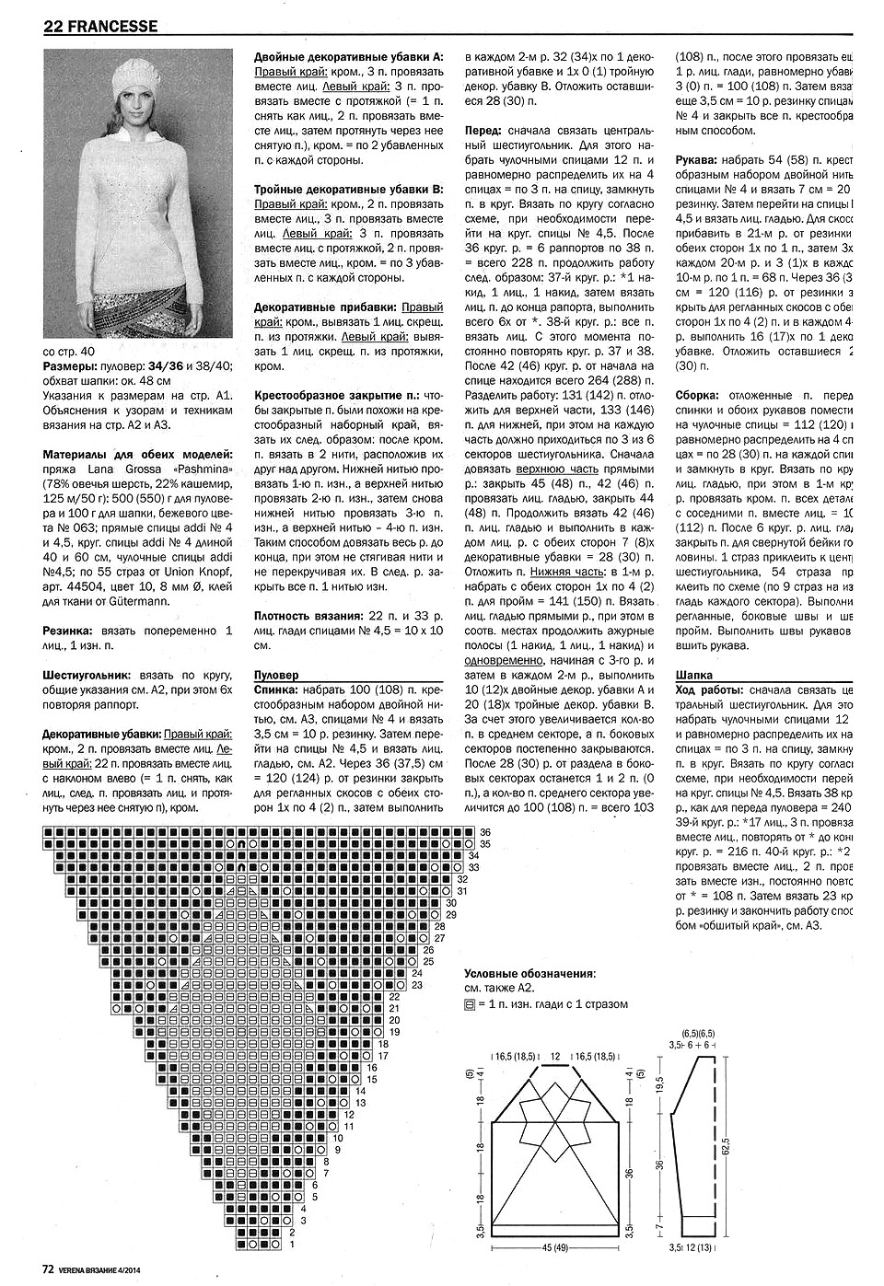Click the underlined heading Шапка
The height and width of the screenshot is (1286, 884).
694,675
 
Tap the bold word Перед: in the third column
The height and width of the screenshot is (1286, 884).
485,132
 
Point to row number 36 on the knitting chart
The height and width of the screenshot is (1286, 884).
485,831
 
